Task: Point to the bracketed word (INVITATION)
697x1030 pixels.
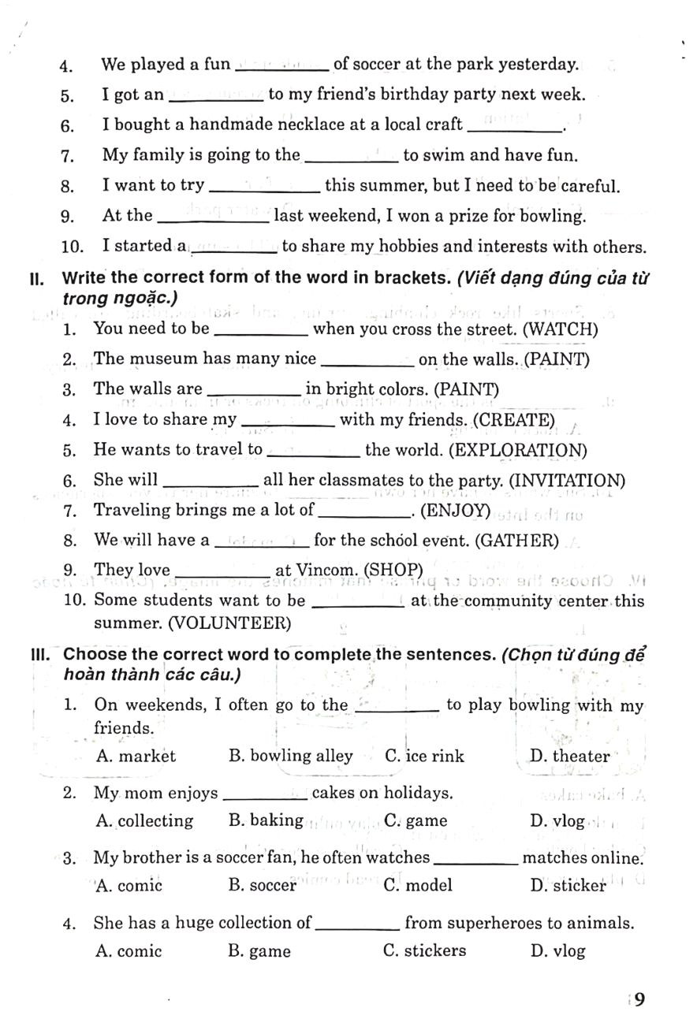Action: click(x=567, y=480)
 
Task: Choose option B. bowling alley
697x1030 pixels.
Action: click(x=290, y=756)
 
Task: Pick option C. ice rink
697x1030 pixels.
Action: click(x=424, y=756)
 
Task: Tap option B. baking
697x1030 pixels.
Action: click(x=266, y=820)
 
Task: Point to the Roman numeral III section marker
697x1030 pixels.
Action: click(x=39, y=655)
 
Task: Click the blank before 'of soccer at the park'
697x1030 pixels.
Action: click(x=281, y=65)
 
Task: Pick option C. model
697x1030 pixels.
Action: click(x=418, y=885)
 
